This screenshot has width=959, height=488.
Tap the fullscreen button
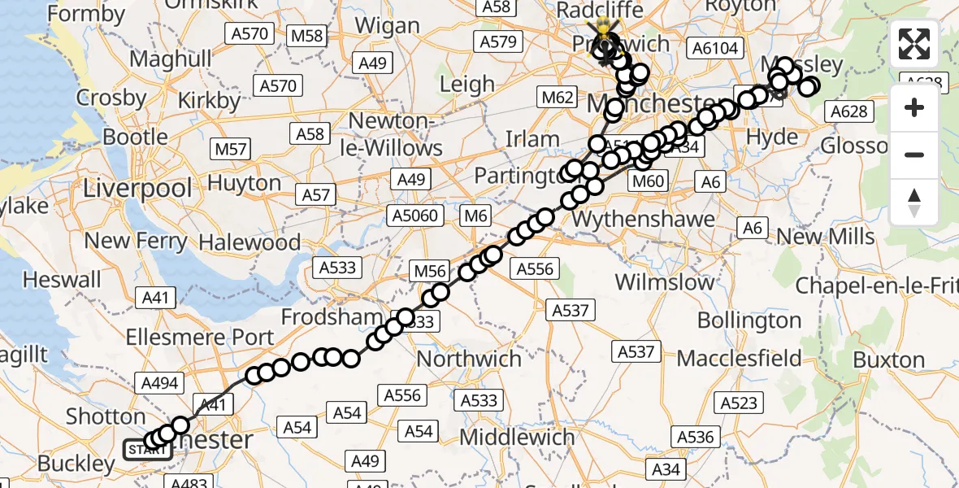[914, 44]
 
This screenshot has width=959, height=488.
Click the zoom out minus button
[914, 155]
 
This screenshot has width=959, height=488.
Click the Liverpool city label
[138, 189]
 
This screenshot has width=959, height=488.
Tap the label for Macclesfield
[739, 359]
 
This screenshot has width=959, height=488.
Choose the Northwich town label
[470, 359]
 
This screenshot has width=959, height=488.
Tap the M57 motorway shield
[230, 149]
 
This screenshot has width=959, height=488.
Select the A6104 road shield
[715, 49]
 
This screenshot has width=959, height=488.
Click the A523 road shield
[739, 403]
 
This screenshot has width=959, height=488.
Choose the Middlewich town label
[517, 438]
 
